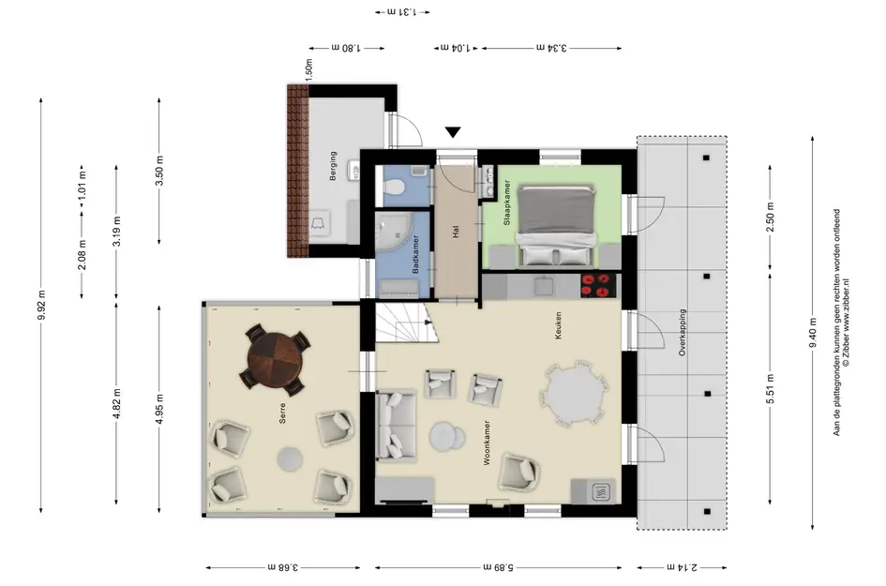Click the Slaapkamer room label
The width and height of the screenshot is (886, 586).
(506, 203)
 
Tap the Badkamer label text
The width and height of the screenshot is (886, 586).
(415, 254)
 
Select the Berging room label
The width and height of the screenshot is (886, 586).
(333, 166)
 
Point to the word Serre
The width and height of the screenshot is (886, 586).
(282, 413)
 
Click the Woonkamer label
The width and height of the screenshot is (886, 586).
(487, 443)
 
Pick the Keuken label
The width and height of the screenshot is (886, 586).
(558, 325)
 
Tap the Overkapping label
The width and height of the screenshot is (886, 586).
(682, 332)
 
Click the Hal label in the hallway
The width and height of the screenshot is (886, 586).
(456, 232)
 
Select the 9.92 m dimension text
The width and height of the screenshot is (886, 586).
(41, 305)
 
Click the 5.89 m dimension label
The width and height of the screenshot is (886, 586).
(498, 567)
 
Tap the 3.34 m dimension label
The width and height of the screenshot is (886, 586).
(551, 48)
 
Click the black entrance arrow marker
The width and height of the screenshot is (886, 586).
(453, 131)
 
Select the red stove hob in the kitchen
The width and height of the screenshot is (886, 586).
(596, 285)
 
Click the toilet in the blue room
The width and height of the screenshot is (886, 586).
(395, 186)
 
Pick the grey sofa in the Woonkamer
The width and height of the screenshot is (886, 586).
(396, 425)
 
